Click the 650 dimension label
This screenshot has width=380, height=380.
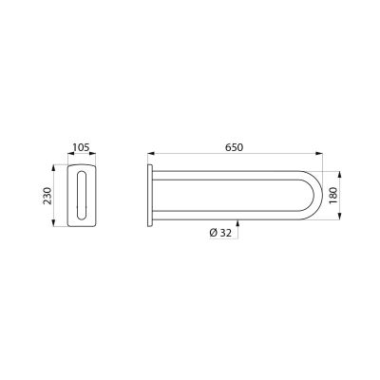235,147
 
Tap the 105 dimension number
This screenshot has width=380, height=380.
82,147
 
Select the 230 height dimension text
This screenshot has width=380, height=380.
47,196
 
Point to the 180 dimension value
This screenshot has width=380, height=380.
333,196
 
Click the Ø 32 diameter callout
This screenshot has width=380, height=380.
220,233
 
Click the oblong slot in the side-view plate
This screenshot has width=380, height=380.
82,196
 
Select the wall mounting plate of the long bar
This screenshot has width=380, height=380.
150,196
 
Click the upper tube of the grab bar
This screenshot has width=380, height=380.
226,175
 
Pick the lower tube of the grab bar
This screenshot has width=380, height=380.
226,216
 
